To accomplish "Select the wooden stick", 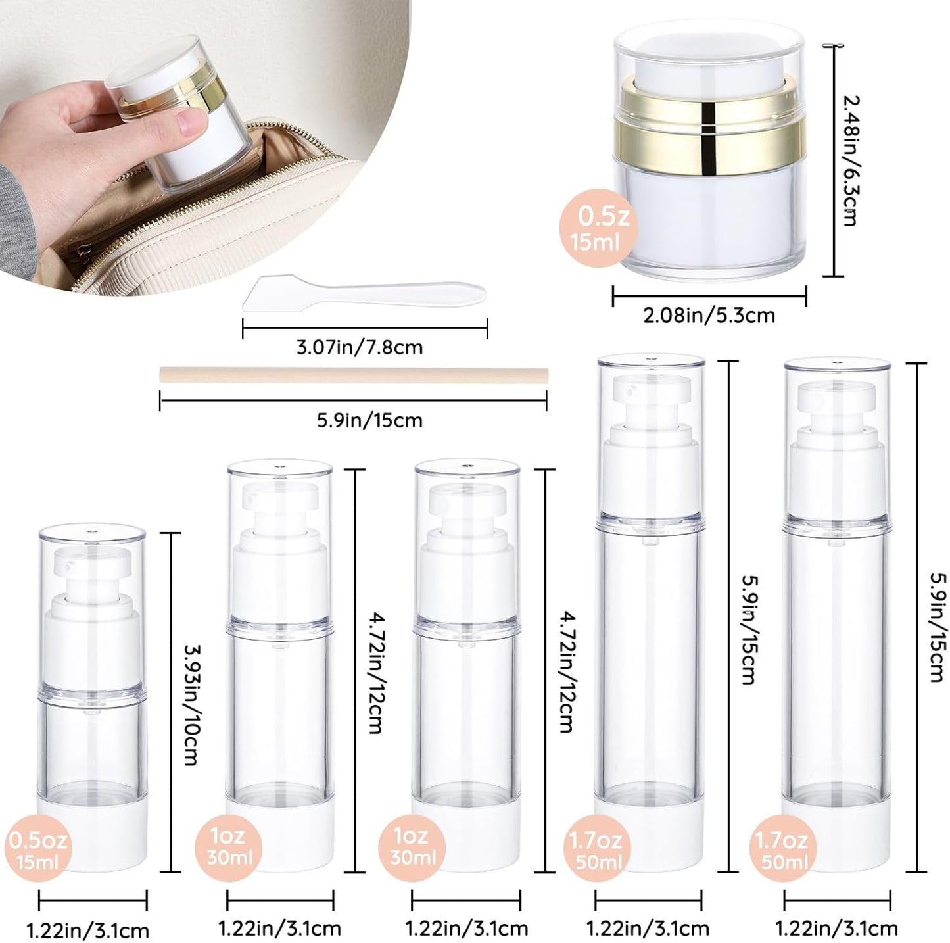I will pos(353,375).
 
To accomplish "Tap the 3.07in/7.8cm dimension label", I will pos(359,347).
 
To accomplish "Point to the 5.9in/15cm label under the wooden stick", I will pos(369,420).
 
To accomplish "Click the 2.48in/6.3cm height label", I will pos(850,160).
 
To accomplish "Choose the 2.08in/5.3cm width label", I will pos(709,316).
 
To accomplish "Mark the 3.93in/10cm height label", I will pos(189,704).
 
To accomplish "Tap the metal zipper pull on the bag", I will pos(84,250).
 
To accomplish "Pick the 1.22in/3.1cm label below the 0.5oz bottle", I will pos(87,931).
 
